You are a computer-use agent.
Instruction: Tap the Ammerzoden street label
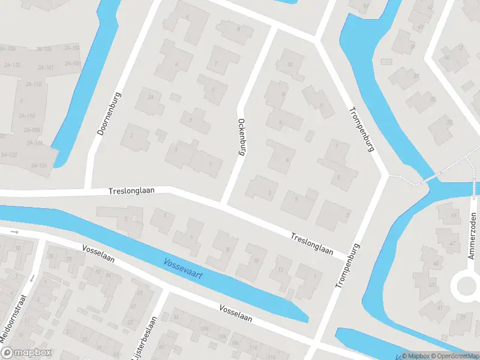(472, 236)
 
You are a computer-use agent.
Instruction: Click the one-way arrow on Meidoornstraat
(32, 278)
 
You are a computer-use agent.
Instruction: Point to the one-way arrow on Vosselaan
(15, 232)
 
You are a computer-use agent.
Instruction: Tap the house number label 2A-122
(8, 155)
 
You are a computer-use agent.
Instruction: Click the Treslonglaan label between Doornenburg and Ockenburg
(132, 190)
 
